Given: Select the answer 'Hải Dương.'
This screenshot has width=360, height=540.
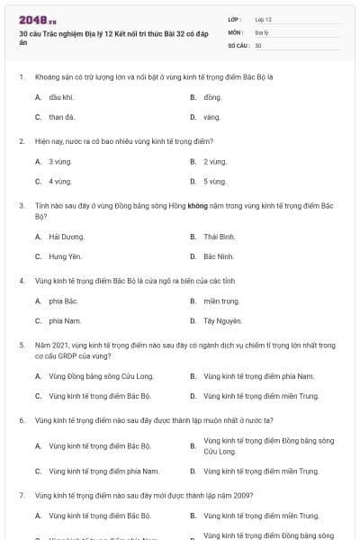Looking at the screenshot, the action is tap(67, 237).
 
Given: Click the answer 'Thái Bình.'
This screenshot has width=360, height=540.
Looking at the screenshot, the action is tap(220, 237).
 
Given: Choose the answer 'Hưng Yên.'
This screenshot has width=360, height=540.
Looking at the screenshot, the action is tap(66, 257).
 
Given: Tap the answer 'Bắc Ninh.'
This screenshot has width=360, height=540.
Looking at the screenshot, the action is tap(219, 257).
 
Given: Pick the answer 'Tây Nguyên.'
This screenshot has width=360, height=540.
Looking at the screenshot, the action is tap(221, 321).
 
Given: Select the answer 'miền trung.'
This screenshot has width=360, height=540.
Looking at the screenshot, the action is tap(220, 301).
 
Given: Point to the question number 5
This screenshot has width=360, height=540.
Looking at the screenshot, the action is tap(21, 345).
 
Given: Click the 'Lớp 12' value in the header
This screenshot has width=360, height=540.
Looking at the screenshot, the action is tap(263, 19).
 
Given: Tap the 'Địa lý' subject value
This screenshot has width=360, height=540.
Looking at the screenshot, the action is tap(262, 31).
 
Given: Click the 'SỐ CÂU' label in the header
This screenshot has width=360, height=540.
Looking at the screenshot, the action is tap(238, 44).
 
